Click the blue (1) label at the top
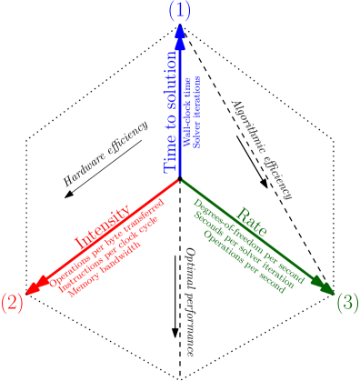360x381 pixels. coord(180,11)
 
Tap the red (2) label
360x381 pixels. coord(12,303)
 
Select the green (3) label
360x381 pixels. coord(347,303)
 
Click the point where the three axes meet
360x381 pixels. coord(180,178)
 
